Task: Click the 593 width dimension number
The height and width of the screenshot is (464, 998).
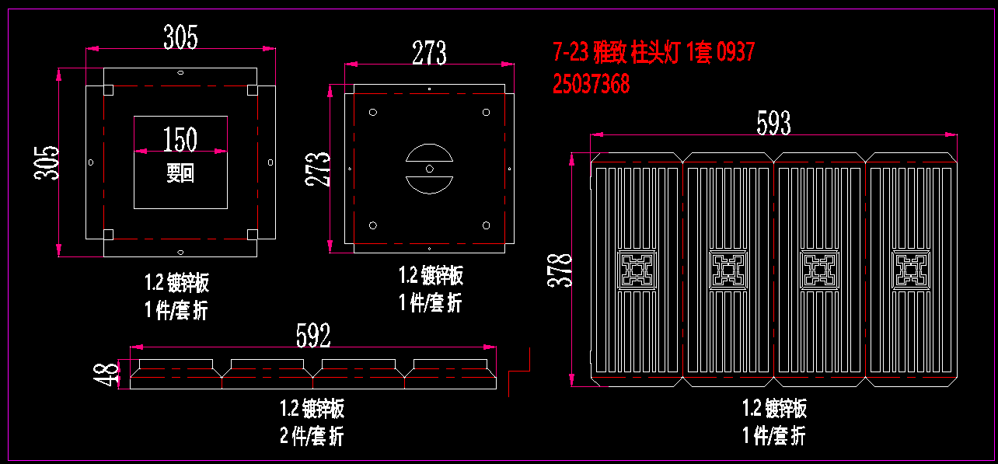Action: coord(773,123)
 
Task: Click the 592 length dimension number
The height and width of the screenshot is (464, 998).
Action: coord(313,336)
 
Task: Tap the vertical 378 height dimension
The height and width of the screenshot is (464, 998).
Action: coord(560,270)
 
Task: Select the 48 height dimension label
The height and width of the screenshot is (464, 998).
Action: coord(106,374)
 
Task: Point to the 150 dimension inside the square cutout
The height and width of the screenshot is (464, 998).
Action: coord(180,139)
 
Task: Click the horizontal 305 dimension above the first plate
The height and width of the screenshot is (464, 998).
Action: coord(180,37)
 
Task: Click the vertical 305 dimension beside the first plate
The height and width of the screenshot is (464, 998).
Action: coord(47,162)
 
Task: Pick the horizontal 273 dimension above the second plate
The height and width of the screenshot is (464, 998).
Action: coord(429,53)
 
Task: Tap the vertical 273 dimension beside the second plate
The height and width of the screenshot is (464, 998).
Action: coord(317,169)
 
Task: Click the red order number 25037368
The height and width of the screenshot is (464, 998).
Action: coord(591,84)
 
